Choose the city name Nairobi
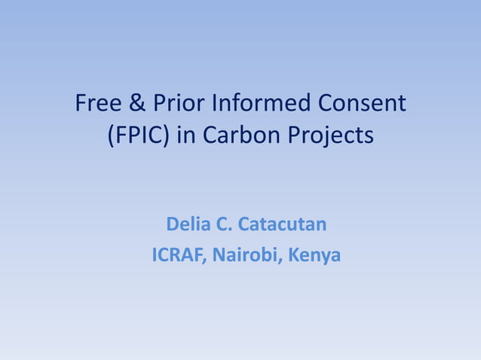pyautogui.click(x=245, y=255)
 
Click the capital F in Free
pyautogui.click(x=81, y=102)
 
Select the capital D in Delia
pyautogui.click(x=171, y=224)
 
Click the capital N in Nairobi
pyautogui.click(x=219, y=255)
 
